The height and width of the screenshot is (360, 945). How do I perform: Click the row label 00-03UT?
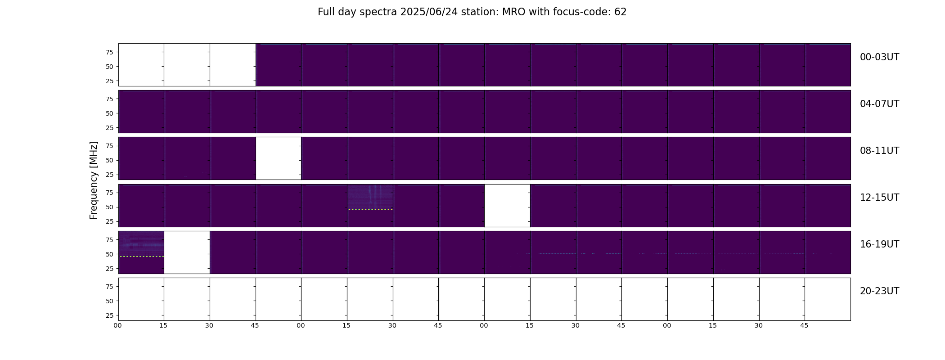tap(879, 57)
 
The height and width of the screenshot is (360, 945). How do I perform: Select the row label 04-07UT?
tap(879, 104)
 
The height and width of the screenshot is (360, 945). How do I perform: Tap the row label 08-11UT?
tap(879, 151)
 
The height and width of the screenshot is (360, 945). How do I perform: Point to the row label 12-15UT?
tap(879, 198)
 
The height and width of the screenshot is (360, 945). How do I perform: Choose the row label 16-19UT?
tap(879, 244)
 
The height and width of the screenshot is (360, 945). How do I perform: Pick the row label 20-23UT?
tap(879, 291)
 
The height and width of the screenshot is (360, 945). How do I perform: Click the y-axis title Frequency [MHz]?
tap(94, 180)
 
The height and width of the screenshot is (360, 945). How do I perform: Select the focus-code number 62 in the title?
tap(621, 12)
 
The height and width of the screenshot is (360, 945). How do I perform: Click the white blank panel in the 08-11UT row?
tap(279, 158)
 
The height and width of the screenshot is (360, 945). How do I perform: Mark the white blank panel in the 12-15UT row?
tap(507, 206)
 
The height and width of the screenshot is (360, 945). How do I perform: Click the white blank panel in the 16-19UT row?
tap(187, 252)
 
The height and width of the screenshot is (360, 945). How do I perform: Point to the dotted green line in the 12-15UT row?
tap(370, 209)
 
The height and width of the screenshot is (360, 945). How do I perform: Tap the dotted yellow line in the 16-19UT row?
tap(141, 256)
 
